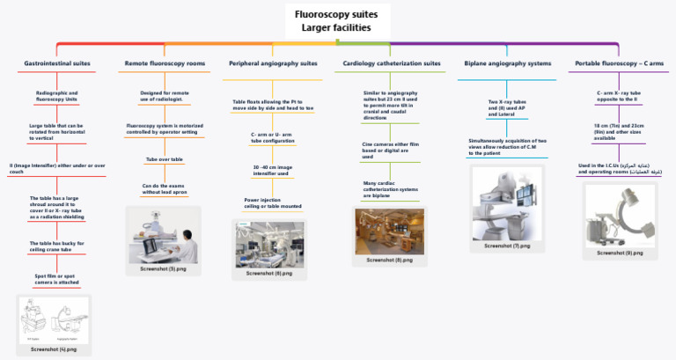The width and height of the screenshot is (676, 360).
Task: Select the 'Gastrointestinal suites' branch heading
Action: tap(56, 64)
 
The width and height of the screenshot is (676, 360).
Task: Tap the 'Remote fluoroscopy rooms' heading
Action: tap(164, 64)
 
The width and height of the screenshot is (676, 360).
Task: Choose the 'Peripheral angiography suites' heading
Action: tap(273, 64)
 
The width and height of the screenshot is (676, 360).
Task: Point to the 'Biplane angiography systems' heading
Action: tap(507, 64)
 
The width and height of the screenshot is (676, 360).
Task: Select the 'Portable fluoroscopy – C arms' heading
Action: tap(619, 64)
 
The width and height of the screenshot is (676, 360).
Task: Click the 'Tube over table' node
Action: tap(164, 159)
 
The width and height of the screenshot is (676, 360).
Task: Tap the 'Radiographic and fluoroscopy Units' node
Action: tap(56, 96)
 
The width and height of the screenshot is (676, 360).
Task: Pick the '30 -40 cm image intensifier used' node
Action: tap(273, 170)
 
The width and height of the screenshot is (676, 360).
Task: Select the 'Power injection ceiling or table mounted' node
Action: tap(273, 203)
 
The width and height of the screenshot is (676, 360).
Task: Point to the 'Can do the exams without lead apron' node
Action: tap(164, 189)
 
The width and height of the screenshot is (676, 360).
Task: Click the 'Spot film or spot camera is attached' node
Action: tap(56, 279)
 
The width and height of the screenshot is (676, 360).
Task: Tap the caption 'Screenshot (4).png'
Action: tap(54, 349)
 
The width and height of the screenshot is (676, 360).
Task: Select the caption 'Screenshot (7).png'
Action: tap(508, 246)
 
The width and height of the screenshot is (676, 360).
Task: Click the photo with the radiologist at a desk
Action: tap(164, 233)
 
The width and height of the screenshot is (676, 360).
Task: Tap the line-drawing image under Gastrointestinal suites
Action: tap(54, 320)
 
